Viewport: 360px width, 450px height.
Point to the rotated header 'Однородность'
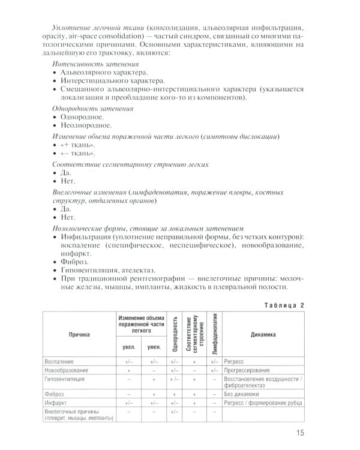point(174,335)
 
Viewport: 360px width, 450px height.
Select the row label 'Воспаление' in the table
point(59,362)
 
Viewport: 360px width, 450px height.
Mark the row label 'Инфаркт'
point(56,403)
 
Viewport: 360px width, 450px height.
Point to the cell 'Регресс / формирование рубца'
point(262,403)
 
